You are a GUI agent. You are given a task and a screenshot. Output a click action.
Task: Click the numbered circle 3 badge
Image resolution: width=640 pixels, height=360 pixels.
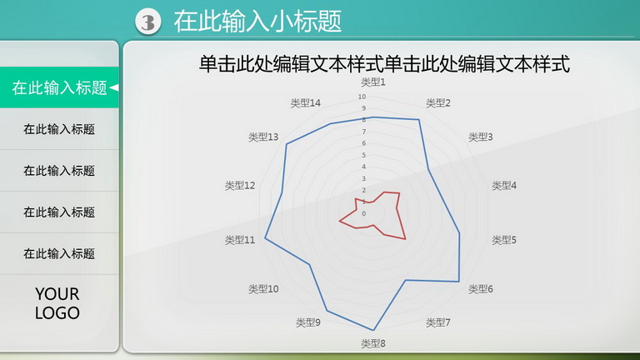click(148, 21)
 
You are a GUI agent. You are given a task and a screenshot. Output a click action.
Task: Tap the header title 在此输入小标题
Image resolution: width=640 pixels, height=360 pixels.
click(257, 21)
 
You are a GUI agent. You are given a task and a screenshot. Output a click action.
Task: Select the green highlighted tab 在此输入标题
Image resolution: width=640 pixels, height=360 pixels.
click(59, 87)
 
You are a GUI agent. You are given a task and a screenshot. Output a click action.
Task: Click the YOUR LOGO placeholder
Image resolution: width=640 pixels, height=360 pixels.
click(57, 303)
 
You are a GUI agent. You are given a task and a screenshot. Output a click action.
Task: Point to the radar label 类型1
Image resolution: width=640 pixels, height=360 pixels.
click(373, 82)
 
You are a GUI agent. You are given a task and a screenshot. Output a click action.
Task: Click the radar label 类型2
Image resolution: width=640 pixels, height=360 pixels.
click(438, 102)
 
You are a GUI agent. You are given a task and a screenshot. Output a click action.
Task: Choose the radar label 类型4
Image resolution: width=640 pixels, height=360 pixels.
click(504, 186)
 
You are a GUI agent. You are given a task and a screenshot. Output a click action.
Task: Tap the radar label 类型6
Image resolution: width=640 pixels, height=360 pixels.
click(480, 289)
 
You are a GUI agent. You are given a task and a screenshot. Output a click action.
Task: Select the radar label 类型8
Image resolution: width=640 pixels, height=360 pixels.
click(373, 343)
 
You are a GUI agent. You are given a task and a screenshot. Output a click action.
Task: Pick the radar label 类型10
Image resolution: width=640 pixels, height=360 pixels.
click(263, 289)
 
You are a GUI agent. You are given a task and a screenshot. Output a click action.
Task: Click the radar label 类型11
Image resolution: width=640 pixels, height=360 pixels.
click(240, 240)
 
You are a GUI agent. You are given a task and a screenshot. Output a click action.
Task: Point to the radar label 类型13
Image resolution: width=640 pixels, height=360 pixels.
click(263, 137)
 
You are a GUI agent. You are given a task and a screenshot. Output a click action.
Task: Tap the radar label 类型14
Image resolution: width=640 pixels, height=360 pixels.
click(305, 102)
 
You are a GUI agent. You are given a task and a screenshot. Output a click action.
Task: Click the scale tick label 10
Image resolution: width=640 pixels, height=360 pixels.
click(362, 97)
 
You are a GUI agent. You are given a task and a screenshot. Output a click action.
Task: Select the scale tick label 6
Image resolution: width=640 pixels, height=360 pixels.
click(363, 143)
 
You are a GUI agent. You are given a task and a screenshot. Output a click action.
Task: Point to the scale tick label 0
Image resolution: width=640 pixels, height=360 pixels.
click(363, 213)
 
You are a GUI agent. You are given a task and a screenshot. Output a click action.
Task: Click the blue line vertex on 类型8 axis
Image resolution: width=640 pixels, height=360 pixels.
click(373, 330)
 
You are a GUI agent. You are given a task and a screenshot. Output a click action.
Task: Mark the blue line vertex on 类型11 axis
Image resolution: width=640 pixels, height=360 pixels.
click(265, 238)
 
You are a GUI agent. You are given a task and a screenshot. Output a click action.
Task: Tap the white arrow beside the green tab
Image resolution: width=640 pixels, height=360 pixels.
click(114, 87)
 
